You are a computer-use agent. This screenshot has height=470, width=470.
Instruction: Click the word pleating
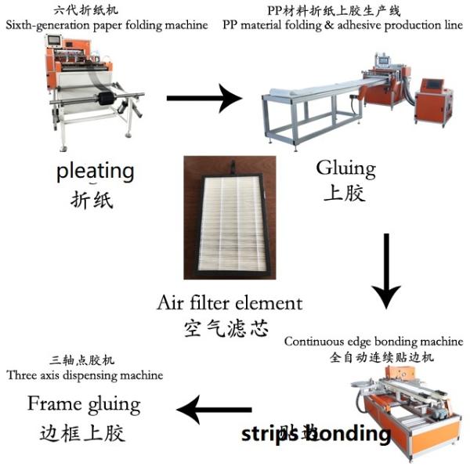click(95, 172)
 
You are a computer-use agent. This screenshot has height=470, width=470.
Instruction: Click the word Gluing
click(345, 168)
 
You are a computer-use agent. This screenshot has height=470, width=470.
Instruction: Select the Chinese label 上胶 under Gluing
click(345, 192)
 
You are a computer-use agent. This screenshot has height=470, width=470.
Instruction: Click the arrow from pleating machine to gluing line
click(205, 99)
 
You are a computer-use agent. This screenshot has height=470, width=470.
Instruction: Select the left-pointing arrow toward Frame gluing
click(214, 409)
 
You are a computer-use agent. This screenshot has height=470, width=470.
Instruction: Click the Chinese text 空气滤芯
click(230, 327)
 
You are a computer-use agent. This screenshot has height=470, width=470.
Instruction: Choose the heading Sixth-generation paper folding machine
click(107, 25)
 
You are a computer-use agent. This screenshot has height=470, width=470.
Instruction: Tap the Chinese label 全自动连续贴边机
click(374, 357)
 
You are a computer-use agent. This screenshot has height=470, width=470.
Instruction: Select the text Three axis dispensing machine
click(85, 375)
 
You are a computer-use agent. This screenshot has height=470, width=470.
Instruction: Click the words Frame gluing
click(84, 404)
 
